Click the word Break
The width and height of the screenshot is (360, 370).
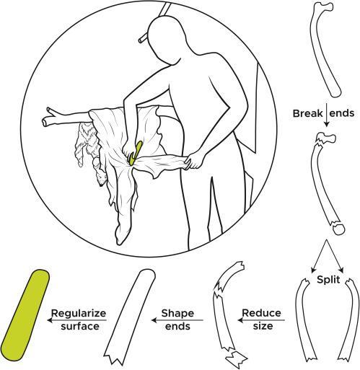pos(307,113)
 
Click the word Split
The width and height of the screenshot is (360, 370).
pos(328,280)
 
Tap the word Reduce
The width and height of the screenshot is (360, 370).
pos(261,313)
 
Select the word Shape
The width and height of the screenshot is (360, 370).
pos(177,313)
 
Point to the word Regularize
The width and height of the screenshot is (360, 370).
pos(79,314)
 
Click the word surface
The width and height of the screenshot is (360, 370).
pos(80,326)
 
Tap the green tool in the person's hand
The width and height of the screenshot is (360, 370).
pos(134,153)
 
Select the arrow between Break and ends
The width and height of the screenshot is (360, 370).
pos(326,115)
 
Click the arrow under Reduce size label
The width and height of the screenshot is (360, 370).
pos(261,320)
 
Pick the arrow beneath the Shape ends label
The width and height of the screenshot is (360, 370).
pos(177,320)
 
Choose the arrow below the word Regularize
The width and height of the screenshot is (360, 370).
pos(77,320)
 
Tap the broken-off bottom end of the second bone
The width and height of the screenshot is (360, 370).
pos(338,228)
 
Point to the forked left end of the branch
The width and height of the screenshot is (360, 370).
pos(48,118)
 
